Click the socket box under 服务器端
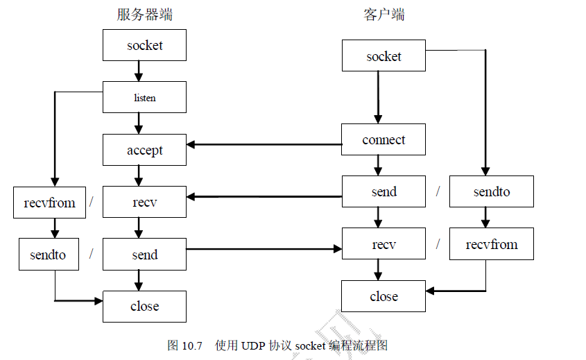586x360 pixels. click(144, 45)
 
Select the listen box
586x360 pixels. click(144, 97)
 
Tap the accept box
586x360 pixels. click(144, 150)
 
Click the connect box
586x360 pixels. click(384, 139)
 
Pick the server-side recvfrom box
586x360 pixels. click(49, 203)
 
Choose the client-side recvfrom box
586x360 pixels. click(491, 244)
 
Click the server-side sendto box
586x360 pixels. click(48, 255)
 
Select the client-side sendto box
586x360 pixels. click(491, 191)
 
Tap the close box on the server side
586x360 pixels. click(144, 306)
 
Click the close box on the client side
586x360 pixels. click(384, 296)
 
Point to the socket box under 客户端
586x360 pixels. click(384, 55)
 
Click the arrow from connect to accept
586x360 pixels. click(264, 144)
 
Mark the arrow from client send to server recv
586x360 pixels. click(264, 196)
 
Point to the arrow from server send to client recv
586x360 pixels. click(264, 248)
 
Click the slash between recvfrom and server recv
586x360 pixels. click(91, 203)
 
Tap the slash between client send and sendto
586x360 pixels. click(438, 191)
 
